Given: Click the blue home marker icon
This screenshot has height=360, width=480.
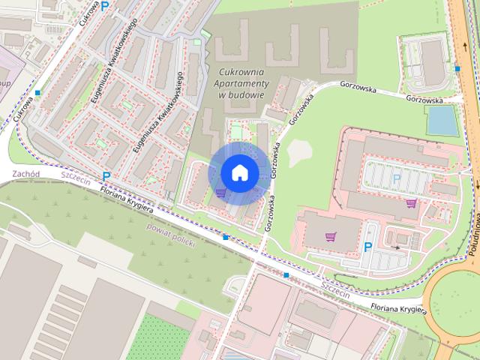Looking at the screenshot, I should (239, 172).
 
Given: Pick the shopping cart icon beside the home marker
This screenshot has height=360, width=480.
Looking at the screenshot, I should (220, 192).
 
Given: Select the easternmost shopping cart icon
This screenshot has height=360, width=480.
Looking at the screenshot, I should (411, 202).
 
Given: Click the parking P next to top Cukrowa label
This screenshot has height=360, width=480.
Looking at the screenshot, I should (105, 7).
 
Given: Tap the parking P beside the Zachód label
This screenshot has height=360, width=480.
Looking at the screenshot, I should (106, 177).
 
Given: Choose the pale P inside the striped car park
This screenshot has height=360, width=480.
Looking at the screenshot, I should (396, 178).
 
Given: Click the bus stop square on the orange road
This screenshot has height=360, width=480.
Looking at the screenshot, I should (457, 69).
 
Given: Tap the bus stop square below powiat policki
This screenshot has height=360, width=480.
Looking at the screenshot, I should (226, 237).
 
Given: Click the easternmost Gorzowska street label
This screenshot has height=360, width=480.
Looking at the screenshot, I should (424, 99).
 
